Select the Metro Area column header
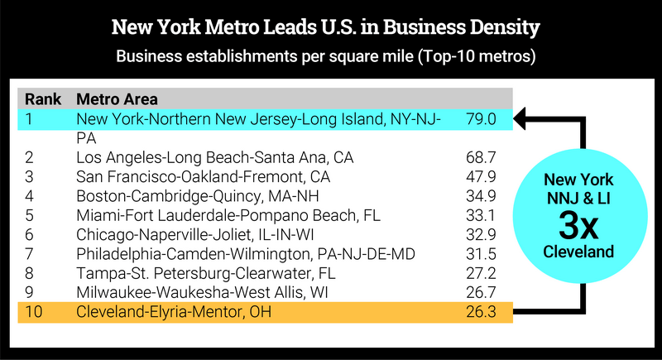click(x=112, y=99)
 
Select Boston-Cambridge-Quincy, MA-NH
click(x=198, y=195)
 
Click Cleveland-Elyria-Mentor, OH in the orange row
click(x=174, y=312)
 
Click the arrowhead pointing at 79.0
click(x=520, y=119)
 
